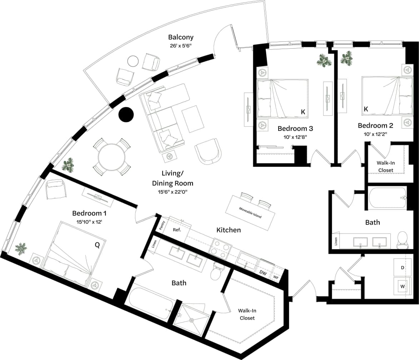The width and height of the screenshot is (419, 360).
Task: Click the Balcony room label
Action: [181, 37]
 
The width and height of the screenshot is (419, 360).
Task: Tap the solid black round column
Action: [126, 115]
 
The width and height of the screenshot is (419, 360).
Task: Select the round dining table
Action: [112, 157]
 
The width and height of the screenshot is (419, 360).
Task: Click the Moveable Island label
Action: [250, 213]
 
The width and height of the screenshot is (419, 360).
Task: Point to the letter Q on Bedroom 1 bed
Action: [97, 245]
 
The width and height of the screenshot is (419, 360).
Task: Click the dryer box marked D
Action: [402, 267]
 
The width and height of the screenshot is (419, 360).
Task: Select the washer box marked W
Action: [402, 286]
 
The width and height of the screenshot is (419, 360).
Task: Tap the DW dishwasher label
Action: [263, 273]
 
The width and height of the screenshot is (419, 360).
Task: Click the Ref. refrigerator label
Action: [177, 230]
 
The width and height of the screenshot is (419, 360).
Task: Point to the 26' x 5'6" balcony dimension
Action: [181, 46]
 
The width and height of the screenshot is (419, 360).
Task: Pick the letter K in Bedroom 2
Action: [365, 109]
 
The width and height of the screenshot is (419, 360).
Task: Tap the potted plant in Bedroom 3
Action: [324, 60]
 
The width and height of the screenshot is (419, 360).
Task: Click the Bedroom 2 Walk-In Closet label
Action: [385, 166]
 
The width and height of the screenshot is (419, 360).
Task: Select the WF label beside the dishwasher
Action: [276, 277]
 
